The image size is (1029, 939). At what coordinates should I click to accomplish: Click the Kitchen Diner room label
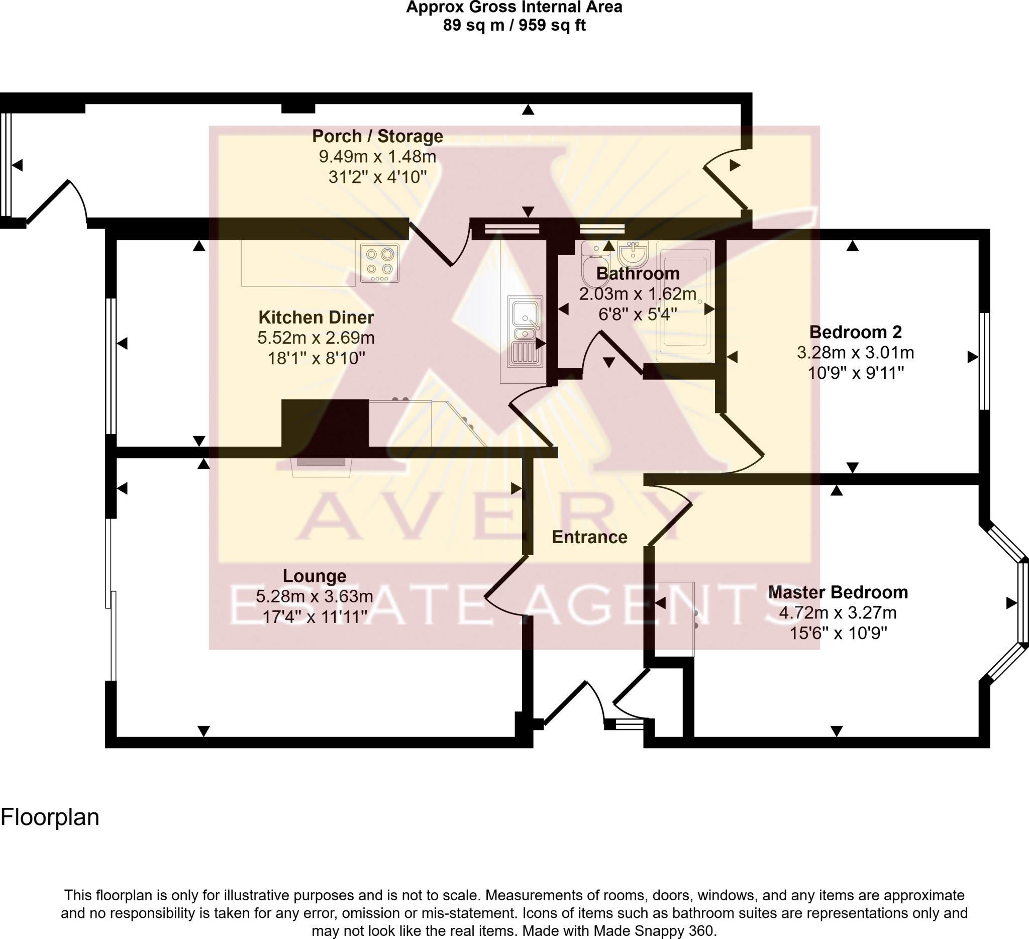(x=316, y=318)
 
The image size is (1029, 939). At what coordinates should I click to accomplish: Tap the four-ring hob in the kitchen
(x=379, y=263)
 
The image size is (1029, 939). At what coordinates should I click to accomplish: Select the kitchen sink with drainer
(x=525, y=332)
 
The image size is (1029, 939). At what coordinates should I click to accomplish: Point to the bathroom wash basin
(x=633, y=254)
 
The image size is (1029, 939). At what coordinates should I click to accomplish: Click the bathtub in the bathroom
(x=684, y=301)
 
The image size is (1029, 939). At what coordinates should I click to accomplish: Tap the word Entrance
(x=589, y=537)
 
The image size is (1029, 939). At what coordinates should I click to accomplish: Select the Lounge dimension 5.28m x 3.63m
(x=315, y=596)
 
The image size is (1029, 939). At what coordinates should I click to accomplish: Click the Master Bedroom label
(x=838, y=592)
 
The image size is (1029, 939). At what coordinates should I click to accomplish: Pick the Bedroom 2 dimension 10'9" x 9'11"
(x=856, y=373)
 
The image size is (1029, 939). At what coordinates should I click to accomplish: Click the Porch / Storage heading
(x=377, y=136)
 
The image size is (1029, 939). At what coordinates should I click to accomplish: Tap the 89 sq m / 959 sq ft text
(x=514, y=25)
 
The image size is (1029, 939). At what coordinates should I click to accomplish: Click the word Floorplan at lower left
(x=50, y=817)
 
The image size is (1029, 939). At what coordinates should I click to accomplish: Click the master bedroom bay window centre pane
(x=1023, y=603)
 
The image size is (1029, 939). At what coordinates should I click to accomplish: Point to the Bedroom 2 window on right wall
(x=985, y=361)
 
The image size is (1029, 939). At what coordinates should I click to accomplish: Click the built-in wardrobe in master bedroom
(x=674, y=619)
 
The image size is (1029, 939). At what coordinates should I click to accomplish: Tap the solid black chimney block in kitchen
(x=325, y=423)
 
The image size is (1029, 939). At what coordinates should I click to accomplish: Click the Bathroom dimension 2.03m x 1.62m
(x=638, y=294)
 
